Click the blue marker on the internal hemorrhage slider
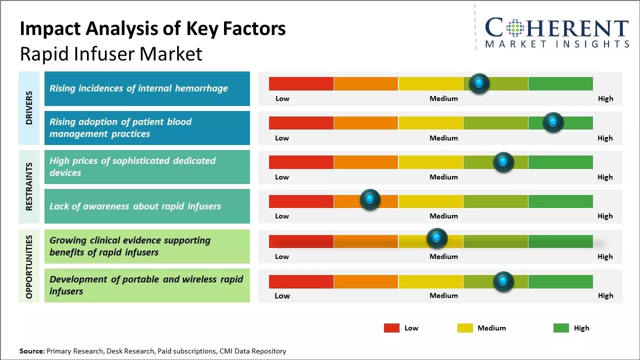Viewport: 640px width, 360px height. [x=479, y=83]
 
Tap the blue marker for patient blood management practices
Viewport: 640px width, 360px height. [x=553, y=122]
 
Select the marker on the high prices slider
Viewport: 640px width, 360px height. [x=503, y=162]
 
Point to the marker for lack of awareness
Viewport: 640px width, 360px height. [x=370, y=199]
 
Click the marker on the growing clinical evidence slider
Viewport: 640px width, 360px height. [x=436, y=238]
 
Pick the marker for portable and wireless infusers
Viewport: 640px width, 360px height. [x=503, y=281]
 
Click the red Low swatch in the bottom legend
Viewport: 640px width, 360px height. [x=391, y=328]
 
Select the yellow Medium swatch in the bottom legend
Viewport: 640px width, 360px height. [x=465, y=328]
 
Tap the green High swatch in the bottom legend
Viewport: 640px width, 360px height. [x=561, y=328]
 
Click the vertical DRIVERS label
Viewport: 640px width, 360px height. [x=29, y=108]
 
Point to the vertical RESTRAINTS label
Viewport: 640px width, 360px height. [x=29, y=186]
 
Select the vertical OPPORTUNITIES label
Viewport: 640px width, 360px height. [x=29, y=266]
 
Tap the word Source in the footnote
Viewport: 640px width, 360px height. [x=31, y=351]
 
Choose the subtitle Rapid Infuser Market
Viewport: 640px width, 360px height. [x=111, y=54]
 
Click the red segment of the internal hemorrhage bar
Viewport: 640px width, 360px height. [x=301, y=83]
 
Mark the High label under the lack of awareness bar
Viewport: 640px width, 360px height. [x=605, y=216]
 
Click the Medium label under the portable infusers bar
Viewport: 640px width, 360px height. [x=443, y=295]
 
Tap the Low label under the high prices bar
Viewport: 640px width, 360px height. [x=282, y=177]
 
